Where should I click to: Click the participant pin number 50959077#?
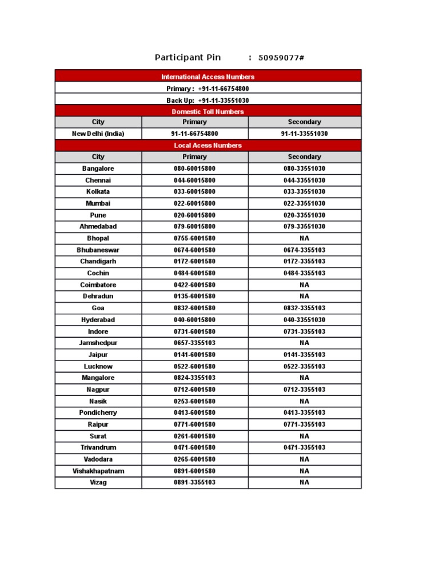pyautogui.click(x=281, y=58)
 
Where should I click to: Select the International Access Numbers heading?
pyautogui.click(x=207, y=77)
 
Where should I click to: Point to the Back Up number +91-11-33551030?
pyautogui.click(x=224, y=100)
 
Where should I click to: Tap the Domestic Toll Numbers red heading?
pyautogui.click(x=207, y=111)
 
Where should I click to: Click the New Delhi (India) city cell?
pyautogui.click(x=98, y=134)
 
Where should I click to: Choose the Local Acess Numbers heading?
pyautogui.click(x=207, y=145)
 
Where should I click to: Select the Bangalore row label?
pyautogui.click(x=98, y=169)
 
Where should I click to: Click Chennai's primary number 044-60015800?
pyautogui.click(x=194, y=180)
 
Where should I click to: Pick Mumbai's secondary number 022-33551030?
pyautogui.click(x=304, y=203)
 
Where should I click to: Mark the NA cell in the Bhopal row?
pyautogui.click(x=304, y=238)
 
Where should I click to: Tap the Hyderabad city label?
pyautogui.click(x=98, y=320)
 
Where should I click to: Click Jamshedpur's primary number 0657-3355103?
pyautogui.click(x=194, y=343)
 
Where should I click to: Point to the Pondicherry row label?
pyautogui.click(x=98, y=412)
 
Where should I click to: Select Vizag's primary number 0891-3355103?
pyautogui.click(x=194, y=482)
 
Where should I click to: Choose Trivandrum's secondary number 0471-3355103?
pyautogui.click(x=304, y=447)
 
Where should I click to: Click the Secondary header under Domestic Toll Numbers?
pyautogui.click(x=304, y=122)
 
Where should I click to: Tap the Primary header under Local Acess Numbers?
pyautogui.click(x=194, y=157)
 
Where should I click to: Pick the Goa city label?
pyautogui.click(x=98, y=308)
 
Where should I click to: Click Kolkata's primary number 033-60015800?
pyautogui.click(x=194, y=191)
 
